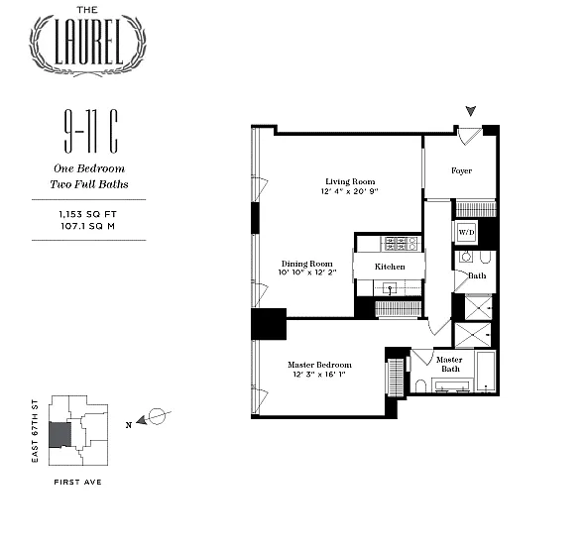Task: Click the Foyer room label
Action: (461, 170)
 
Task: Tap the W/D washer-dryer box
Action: (466, 232)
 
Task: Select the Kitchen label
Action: (390, 267)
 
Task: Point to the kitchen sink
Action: (390, 288)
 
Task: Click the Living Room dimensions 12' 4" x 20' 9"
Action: (350, 191)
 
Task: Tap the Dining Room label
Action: (307, 264)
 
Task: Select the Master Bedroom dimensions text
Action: (319, 375)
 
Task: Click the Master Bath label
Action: (450, 364)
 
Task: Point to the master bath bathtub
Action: (486, 372)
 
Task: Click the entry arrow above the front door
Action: (471, 111)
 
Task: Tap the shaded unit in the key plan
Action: (59, 435)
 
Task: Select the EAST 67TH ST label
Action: (35, 431)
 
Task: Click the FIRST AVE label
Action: (77, 483)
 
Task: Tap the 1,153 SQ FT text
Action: (88, 214)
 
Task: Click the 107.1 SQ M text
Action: (88, 226)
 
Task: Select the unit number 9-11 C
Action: (91, 131)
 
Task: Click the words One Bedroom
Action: (89, 168)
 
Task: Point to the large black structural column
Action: (269, 324)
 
